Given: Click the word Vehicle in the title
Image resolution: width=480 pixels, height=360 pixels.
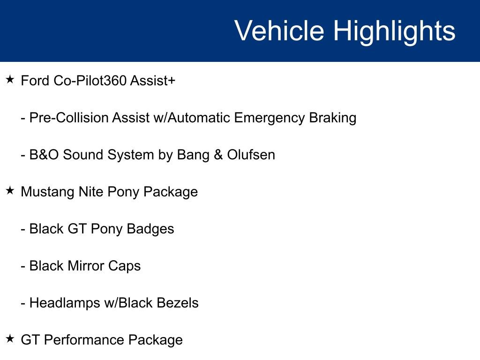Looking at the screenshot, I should (279, 31).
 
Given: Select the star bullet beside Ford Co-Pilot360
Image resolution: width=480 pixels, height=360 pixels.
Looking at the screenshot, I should (10, 80).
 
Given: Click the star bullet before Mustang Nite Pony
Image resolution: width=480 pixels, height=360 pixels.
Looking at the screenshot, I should (10, 191).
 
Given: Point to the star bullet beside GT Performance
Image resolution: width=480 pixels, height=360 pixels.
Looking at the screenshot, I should (10, 339).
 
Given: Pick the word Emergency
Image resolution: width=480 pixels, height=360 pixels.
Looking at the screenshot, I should (270, 118).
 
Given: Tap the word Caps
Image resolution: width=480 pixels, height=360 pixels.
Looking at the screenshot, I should (125, 266).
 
